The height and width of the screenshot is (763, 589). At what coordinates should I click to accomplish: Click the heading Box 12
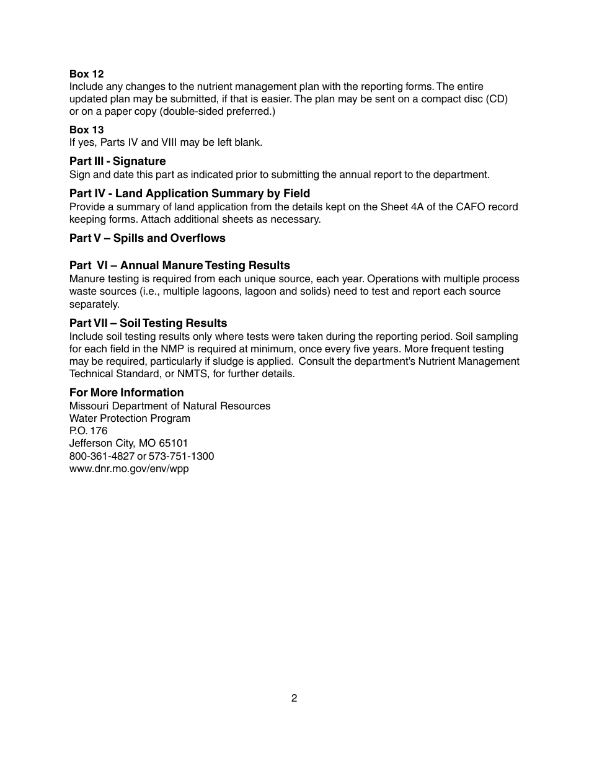(86, 74)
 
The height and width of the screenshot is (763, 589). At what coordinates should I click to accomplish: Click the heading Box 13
(86, 130)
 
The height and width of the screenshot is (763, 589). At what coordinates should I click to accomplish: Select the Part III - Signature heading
(117, 161)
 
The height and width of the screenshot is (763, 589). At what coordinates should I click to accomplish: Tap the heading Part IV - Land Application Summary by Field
(189, 194)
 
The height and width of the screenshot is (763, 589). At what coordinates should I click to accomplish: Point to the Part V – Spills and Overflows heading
(147, 238)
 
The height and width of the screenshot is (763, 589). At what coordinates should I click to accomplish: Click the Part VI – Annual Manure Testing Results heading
(179, 265)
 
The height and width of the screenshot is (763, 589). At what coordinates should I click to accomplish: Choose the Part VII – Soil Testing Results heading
(148, 323)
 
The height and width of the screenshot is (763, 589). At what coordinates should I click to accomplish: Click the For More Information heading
(126, 393)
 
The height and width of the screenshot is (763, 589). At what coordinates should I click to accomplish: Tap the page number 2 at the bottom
(294, 698)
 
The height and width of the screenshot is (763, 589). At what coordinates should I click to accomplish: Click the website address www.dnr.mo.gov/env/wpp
(129, 469)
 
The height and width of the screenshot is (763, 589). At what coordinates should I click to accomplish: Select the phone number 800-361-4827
(102, 457)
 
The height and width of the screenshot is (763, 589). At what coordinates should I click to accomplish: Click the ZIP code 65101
(174, 444)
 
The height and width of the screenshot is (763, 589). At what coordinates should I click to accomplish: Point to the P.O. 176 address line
(88, 431)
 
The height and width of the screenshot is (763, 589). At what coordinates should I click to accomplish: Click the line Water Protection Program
(130, 419)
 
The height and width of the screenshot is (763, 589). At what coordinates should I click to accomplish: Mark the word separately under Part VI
(94, 305)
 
